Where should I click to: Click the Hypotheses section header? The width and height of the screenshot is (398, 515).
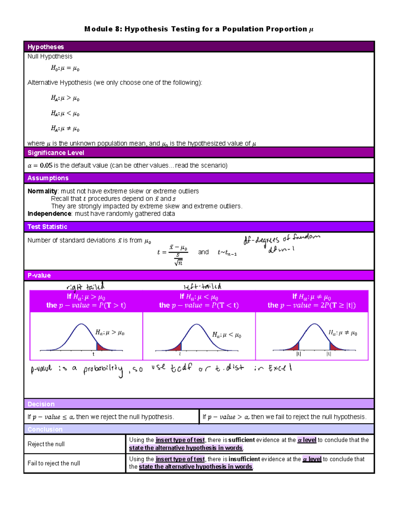click(x=45, y=47)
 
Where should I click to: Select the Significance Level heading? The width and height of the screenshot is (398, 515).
click(x=56, y=153)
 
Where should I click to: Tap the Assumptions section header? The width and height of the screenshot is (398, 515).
click(x=48, y=178)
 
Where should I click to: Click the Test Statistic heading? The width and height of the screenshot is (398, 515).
click(x=47, y=227)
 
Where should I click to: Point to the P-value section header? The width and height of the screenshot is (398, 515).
click(x=39, y=276)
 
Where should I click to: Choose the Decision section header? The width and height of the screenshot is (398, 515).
click(x=41, y=404)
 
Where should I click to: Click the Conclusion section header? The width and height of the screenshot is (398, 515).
click(x=45, y=429)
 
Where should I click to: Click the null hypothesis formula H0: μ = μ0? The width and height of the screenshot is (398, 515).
click(x=65, y=68)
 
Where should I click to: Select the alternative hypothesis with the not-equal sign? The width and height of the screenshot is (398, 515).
click(x=65, y=128)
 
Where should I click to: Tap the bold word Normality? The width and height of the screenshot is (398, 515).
click(x=42, y=191)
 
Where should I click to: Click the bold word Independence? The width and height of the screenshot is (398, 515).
click(x=49, y=214)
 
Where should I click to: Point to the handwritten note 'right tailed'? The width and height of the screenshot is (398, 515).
click(x=85, y=287)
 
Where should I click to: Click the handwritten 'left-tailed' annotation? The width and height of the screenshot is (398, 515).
click(x=202, y=287)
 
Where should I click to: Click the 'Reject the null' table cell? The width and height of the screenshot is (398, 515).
click(x=46, y=444)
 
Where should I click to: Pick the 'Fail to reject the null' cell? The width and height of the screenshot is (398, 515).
click(x=54, y=464)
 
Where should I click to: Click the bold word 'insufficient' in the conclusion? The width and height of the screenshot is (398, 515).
click(x=244, y=459)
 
